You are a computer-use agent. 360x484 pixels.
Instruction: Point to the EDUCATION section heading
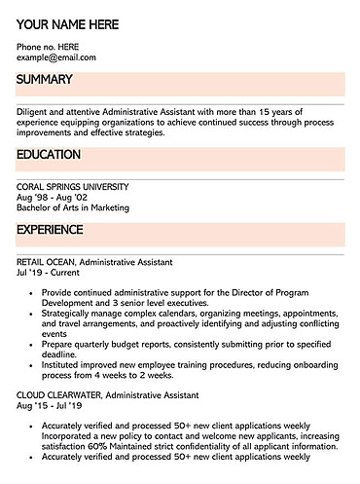click(49, 154)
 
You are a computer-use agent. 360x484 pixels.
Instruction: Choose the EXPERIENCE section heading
click(50, 230)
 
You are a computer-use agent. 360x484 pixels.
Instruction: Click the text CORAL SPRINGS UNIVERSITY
click(72, 186)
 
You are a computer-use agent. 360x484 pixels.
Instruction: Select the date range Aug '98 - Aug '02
click(51, 197)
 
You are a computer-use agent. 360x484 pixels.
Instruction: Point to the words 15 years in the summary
click(304, 112)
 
